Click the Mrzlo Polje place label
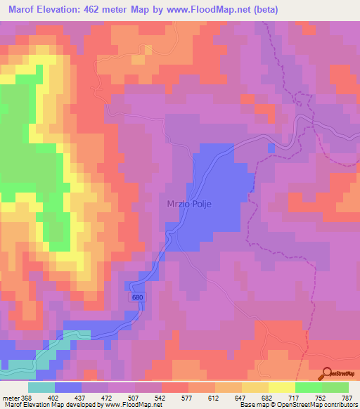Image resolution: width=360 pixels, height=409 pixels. [189, 204]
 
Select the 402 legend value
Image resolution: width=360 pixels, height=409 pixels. [54, 398]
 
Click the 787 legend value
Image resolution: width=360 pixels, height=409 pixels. [346, 398]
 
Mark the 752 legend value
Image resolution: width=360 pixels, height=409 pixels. [319, 398]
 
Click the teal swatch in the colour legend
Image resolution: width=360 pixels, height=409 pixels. [41, 387]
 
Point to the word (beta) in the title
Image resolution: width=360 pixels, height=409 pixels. [265, 10]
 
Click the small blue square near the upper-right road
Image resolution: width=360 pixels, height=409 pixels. [271, 148]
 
